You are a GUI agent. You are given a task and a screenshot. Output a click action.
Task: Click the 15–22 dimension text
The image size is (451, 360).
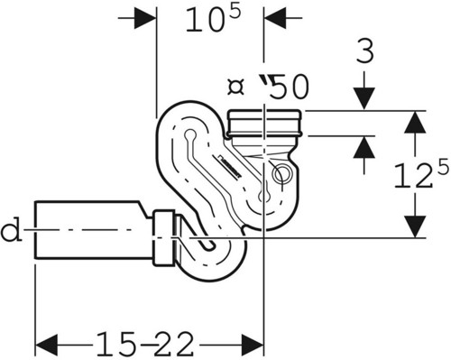[145, 344]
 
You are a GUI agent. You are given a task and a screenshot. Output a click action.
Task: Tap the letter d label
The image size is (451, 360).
[12, 230]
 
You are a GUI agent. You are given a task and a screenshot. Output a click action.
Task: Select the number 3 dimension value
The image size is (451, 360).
[365, 51]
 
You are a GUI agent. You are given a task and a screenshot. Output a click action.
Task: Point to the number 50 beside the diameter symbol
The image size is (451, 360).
[289, 87]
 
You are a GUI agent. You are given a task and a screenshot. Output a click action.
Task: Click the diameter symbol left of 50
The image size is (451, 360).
[235, 88]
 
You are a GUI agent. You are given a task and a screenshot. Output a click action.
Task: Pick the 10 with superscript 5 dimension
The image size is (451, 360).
[213, 19]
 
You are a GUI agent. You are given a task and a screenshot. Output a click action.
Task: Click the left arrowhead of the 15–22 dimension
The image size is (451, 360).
[46, 344]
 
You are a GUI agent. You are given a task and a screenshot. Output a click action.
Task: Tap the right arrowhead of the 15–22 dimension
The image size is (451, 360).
[253, 344]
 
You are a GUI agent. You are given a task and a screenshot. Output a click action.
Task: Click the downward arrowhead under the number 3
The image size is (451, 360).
[364, 98]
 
